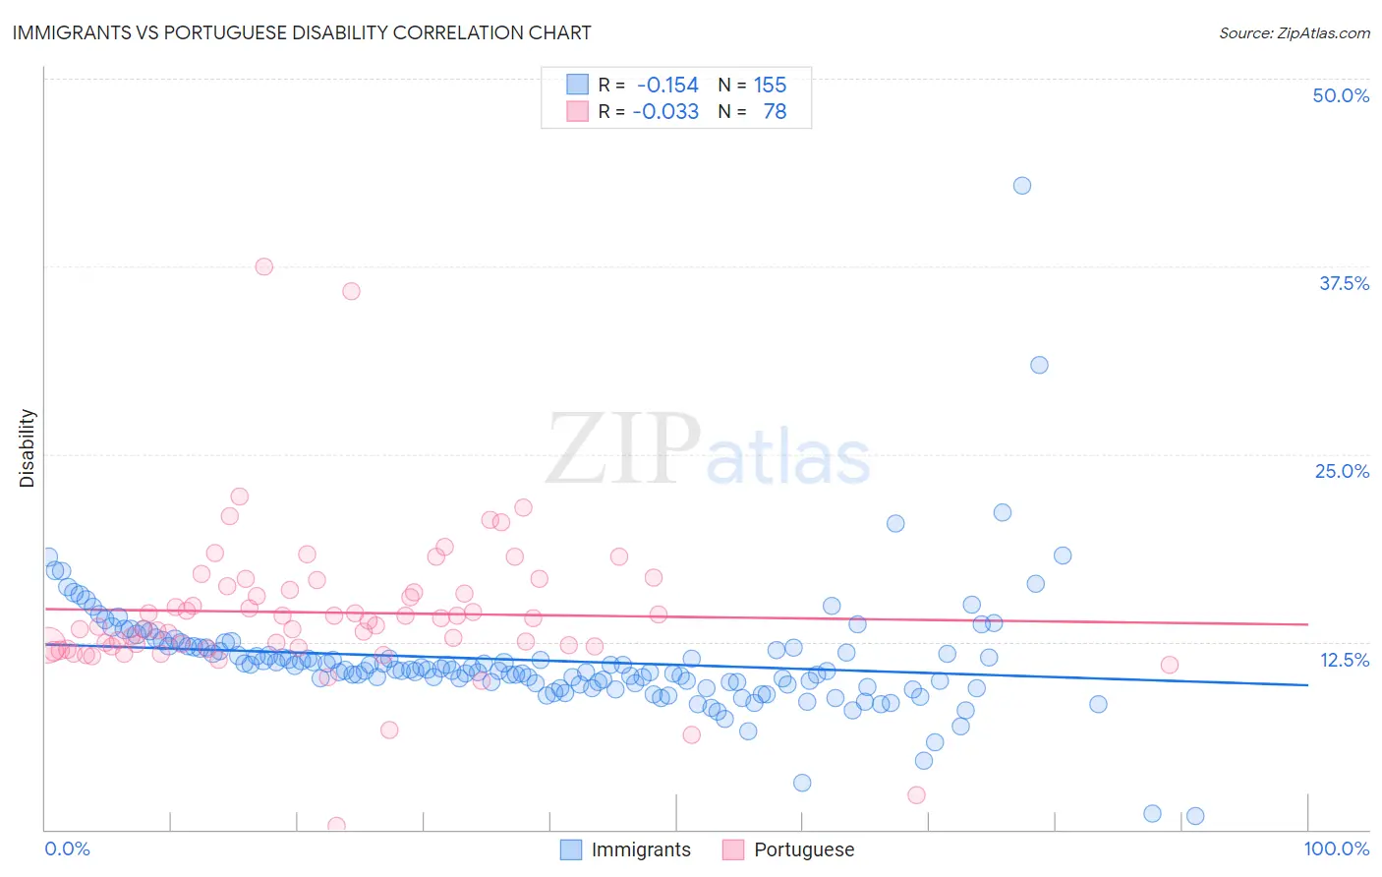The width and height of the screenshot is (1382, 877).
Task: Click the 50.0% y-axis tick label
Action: [x=1341, y=95]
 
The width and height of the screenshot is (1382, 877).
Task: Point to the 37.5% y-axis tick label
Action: [x=1344, y=283]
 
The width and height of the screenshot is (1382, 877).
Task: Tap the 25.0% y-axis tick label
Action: [x=1342, y=471]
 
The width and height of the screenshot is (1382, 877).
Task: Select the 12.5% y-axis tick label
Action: [x=1344, y=660]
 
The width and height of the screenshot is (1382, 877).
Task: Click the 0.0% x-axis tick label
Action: [x=67, y=848]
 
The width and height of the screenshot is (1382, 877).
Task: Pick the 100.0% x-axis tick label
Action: [x=1336, y=848]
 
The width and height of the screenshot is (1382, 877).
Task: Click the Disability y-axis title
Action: [x=28, y=448]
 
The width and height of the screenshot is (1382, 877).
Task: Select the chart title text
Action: [x=302, y=32]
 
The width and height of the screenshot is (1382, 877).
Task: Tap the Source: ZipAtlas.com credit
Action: [x=1294, y=32]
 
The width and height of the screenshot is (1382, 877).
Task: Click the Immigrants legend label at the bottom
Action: [x=641, y=849]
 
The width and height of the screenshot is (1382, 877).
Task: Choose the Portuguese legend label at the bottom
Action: [x=803, y=849]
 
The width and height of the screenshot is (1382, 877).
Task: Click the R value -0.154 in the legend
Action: [x=667, y=86]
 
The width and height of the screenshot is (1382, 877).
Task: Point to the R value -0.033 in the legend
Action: [x=665, y=112]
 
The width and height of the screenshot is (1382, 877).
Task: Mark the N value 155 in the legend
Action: [x=770, y=86]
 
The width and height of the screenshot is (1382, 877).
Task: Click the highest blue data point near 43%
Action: [x=1022, y=186]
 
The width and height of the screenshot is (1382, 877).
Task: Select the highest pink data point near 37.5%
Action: [x=263, y=266]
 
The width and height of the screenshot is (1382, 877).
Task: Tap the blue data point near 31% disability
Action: [x=1039, y=365]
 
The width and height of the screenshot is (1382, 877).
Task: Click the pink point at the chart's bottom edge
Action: [x=336, y=826]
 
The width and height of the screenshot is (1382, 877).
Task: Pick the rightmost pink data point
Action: [x=1170, y=665]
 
